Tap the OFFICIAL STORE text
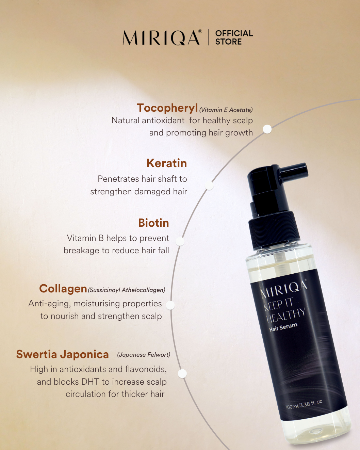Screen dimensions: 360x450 click(x=234, y=37)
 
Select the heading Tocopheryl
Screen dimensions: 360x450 click(x=167, y=108)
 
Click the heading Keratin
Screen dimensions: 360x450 click(x=167, y=163)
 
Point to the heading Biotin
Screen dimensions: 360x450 click(x=153, y=223)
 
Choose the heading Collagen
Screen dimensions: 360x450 click(x=63, y=289)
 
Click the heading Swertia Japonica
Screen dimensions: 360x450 click(x=63, y=354)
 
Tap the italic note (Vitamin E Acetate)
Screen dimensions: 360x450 click(x=226, y=110)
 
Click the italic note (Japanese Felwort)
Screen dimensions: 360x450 click(x=144, y=355)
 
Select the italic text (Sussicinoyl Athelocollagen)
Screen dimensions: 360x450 click(x=127, y=290)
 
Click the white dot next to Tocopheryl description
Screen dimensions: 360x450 click(x=267, y=129)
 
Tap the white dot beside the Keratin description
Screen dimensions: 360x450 click(x=209, y=186)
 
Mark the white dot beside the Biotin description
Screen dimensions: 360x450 click(x=180, y=242)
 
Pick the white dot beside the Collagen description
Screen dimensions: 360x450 click(x=170, y=305)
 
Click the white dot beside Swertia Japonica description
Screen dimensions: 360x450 click(x=182, y=374)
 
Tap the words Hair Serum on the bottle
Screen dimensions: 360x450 click(x=283, y=327)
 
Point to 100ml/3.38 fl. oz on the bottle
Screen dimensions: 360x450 click(x=304, y=404)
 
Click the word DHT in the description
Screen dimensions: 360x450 click(x=90, y=382)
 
